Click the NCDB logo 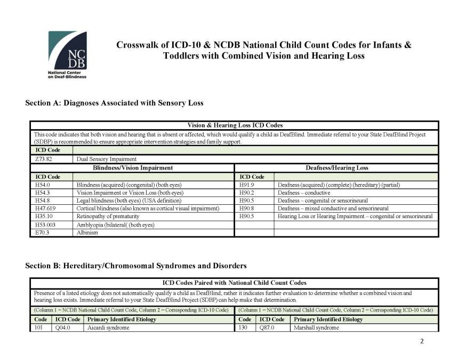[x=67, y=54]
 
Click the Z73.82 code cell [x=43, y=159]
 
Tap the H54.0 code [x=42, y=185]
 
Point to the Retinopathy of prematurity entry [x=108, y=217]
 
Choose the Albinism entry [x=87, y=233]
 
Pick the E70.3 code [x=42, y=233]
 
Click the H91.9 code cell [x=248, y=185]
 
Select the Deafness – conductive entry [x=304, y=193]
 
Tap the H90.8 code [x=248, y=209]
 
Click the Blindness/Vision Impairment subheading [x=133, y=167]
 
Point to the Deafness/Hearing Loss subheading [x=336, y=167]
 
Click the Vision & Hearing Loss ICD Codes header [x=235, y=125]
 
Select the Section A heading [x=114, y=102]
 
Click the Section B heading [x=136, y=265]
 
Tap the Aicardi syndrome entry [x=108, y=327]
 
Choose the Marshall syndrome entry [x=316, y=327]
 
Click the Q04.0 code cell [x=63, y=327]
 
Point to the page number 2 [x=422, y=342]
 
